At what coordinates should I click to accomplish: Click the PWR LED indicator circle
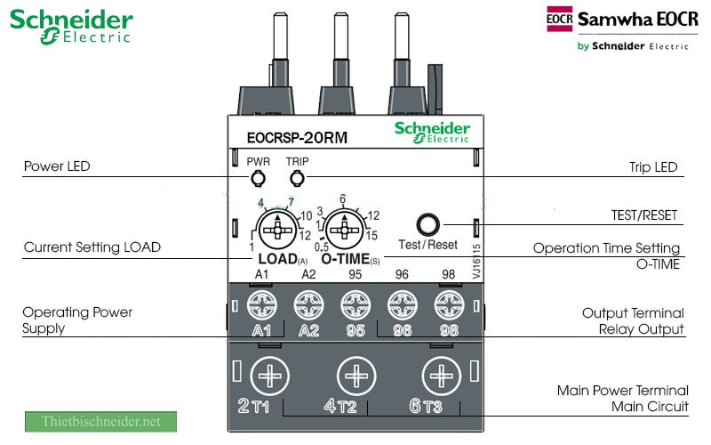click(258, 179)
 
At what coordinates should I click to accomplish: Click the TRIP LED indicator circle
click(297, 179)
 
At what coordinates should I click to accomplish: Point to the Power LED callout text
click(57, 166)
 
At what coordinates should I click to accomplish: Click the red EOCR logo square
click(559, 20)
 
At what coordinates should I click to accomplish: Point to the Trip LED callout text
click(653, 167)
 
